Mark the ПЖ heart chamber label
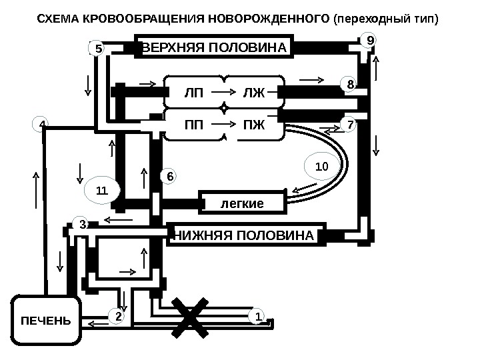tap(253, 124)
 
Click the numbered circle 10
tap(321, 164)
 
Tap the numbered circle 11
tap(102, 191)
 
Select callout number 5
tap(97, 49)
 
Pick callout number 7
tap(349, 124)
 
